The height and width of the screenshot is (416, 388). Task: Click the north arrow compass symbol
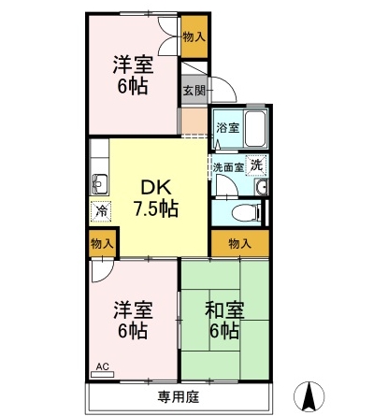(309, 396)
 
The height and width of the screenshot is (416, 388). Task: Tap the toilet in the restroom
(247, 212)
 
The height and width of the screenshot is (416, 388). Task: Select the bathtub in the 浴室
(255, 129)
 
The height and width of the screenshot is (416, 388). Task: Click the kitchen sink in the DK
(99, 184)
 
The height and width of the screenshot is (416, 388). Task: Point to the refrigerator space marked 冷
(100, 211)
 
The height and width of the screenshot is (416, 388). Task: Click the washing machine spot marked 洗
(257, 165)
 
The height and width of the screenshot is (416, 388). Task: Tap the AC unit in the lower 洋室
(102, 374)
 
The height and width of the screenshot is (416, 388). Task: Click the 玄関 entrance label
(194, 91)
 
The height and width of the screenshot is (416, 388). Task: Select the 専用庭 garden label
(179, 397)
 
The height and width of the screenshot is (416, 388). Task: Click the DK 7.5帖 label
(156, 198)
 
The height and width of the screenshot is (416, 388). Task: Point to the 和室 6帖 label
(224, 320)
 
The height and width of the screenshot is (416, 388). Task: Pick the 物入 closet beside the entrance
(194, 36)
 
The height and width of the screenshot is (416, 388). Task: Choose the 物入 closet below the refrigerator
(102, 244)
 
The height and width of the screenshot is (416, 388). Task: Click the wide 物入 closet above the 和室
(240, 243)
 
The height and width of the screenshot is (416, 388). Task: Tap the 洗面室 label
(228, 167)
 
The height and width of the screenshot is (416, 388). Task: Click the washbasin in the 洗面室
(261, 187)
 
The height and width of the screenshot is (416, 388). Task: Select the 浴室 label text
(228, 128)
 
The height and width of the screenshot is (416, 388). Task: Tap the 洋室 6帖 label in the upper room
(133, 75)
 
